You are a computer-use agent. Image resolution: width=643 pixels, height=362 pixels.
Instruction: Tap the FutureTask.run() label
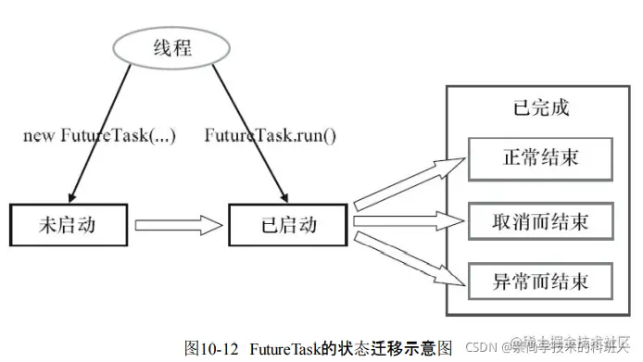click(271, 136)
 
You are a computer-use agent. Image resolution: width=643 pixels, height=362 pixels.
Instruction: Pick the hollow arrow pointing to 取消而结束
click(408, 222)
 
